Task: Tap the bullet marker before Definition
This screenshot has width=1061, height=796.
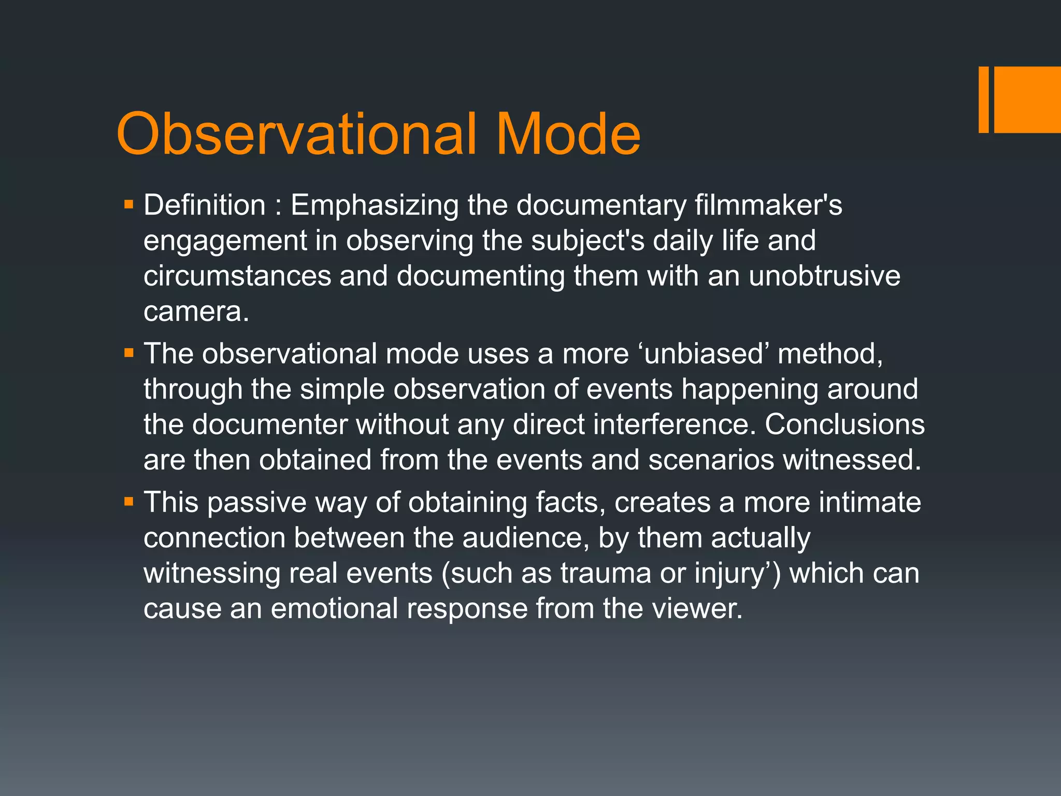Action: tap(129, 205)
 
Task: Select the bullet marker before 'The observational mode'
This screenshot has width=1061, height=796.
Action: tap(129, 354)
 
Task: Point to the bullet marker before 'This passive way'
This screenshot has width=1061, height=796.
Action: tap(129, 502)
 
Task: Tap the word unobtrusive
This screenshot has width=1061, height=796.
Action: tap(824, 276)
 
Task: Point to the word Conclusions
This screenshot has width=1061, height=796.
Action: tap(844, 424)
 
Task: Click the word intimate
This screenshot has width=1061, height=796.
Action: tap(870, 502)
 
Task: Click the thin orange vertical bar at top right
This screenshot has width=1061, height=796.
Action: tap(983, 99)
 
